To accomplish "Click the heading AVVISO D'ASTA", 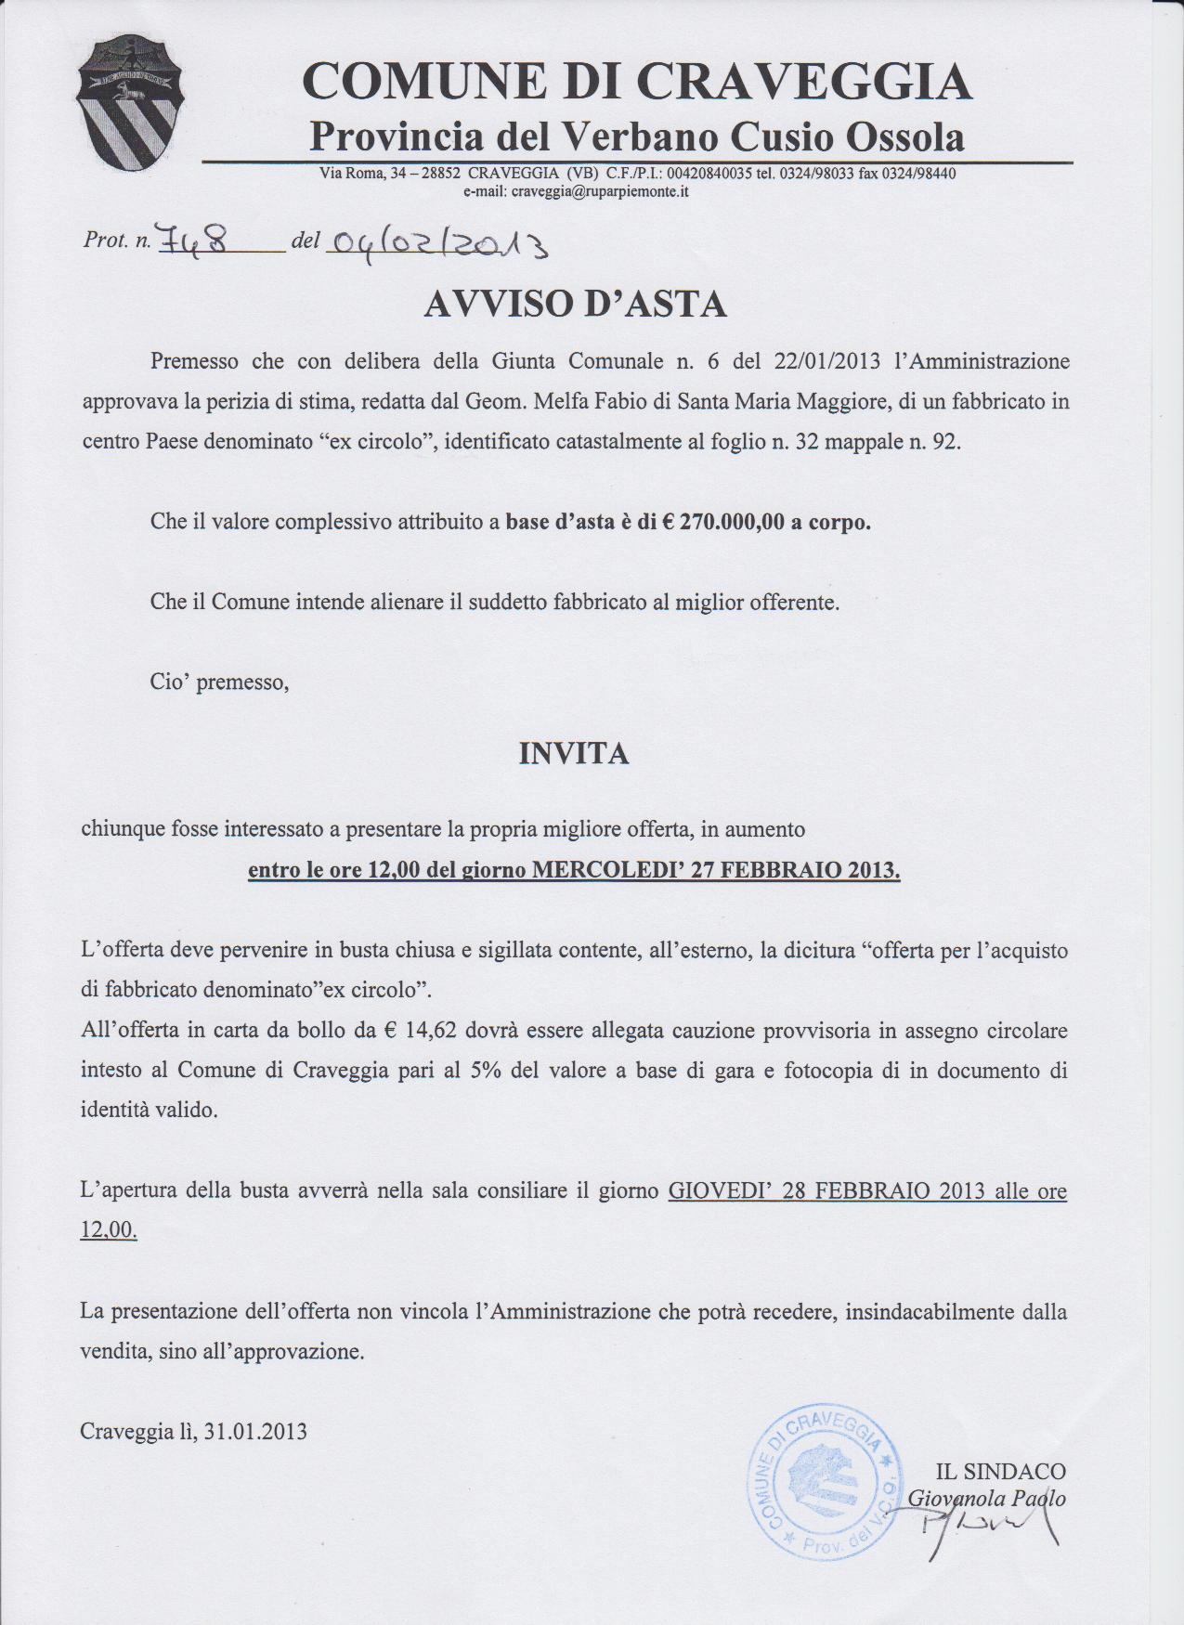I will (575, 305).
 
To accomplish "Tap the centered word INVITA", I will (573, 754).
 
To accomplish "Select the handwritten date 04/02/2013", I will (437, 245).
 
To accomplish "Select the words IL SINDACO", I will (1001, 1471).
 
